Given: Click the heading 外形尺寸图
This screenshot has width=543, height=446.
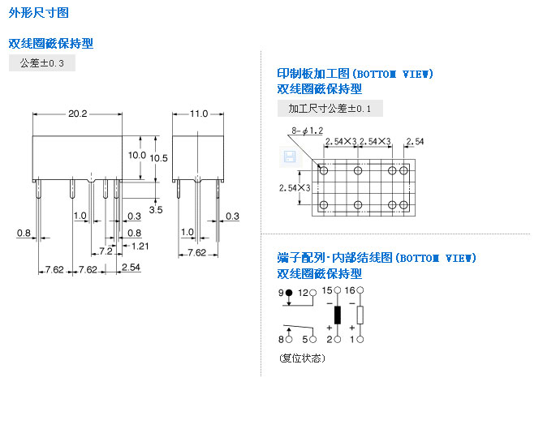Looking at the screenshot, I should click(38, 13).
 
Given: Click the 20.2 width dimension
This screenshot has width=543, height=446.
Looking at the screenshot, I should click(77, 114).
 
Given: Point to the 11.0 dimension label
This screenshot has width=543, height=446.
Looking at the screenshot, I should click(199, 114).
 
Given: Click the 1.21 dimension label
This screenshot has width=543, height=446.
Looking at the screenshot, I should click(140, 246).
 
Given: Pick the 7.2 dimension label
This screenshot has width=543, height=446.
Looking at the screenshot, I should click(106, 251).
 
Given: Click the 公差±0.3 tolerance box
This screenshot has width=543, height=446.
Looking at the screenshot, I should click(42, 63).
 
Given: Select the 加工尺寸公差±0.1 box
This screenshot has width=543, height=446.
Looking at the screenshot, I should click(330, 109).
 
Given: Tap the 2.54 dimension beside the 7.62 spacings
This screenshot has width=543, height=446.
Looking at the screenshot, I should click(130, 268).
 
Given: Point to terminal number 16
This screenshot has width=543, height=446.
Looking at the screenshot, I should click(350, 290).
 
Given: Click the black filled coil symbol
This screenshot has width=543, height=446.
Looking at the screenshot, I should click(338, 315).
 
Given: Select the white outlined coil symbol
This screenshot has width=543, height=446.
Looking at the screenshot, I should click(360, 315).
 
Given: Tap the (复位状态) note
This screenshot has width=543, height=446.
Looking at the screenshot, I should click(301, 358).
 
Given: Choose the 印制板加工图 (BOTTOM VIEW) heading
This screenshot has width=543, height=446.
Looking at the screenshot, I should click(355, 74).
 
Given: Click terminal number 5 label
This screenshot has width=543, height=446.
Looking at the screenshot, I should click(304, 339).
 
